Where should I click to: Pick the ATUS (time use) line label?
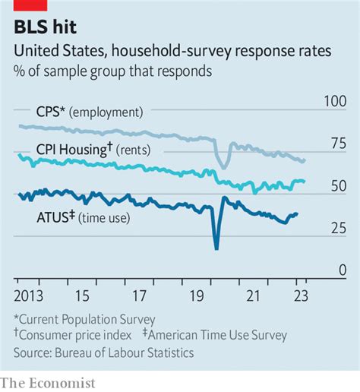[x=83, y=218]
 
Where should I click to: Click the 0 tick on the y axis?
[x=343, y=270]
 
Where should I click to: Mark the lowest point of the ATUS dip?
[x=216, y=248]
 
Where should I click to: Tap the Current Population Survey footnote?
[x=84, y=319]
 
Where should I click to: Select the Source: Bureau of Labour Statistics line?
[x=103, y=352]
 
